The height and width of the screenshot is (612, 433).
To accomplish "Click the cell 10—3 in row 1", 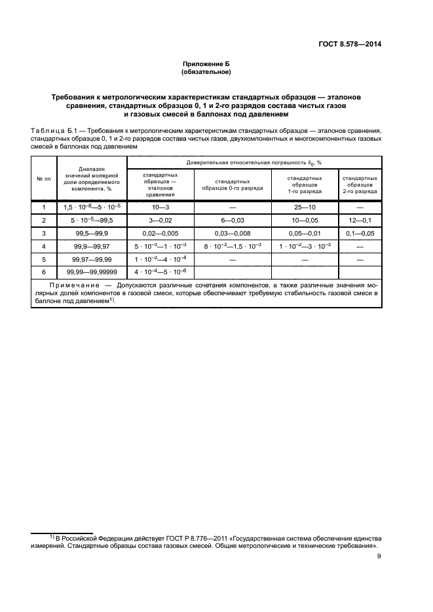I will pyautogui.click(x=160, y=207).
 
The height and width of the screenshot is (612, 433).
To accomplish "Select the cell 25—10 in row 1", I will pyautogui.click(x=305, y=207).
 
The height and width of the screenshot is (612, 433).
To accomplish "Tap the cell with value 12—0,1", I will pyautogui.click(x=360, y=220).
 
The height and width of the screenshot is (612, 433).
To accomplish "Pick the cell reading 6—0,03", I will pyautogui.click(x=233, y=220).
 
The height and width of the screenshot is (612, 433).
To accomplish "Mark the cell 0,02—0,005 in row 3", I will pyautogui.click(x=160, y=233).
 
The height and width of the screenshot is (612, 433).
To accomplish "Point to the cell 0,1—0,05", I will pyautogui.click(x=360, y=233).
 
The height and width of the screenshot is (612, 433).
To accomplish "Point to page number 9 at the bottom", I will pyautogui.click(x=379, y=556).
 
